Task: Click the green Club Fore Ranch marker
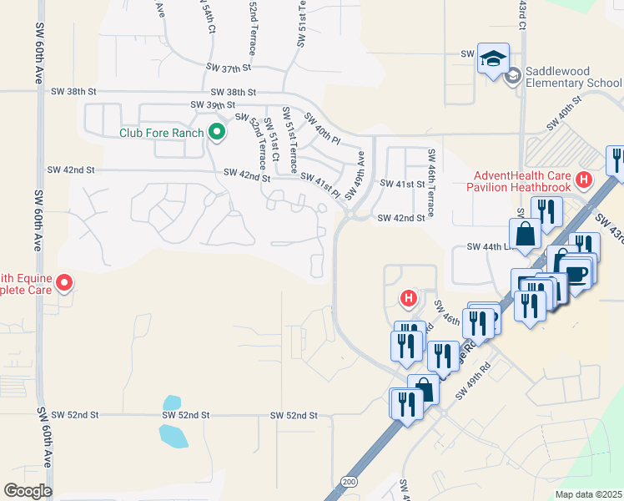[x=217, y=132]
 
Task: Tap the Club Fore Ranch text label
[x=162, y=133]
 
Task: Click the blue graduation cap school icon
[x=493, y=59]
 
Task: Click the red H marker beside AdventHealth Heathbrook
[x=584, y=179]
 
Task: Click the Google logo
[x=28, y=491]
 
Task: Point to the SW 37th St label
[x=229, y=68]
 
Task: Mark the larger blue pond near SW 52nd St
[x=174, y=435]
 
